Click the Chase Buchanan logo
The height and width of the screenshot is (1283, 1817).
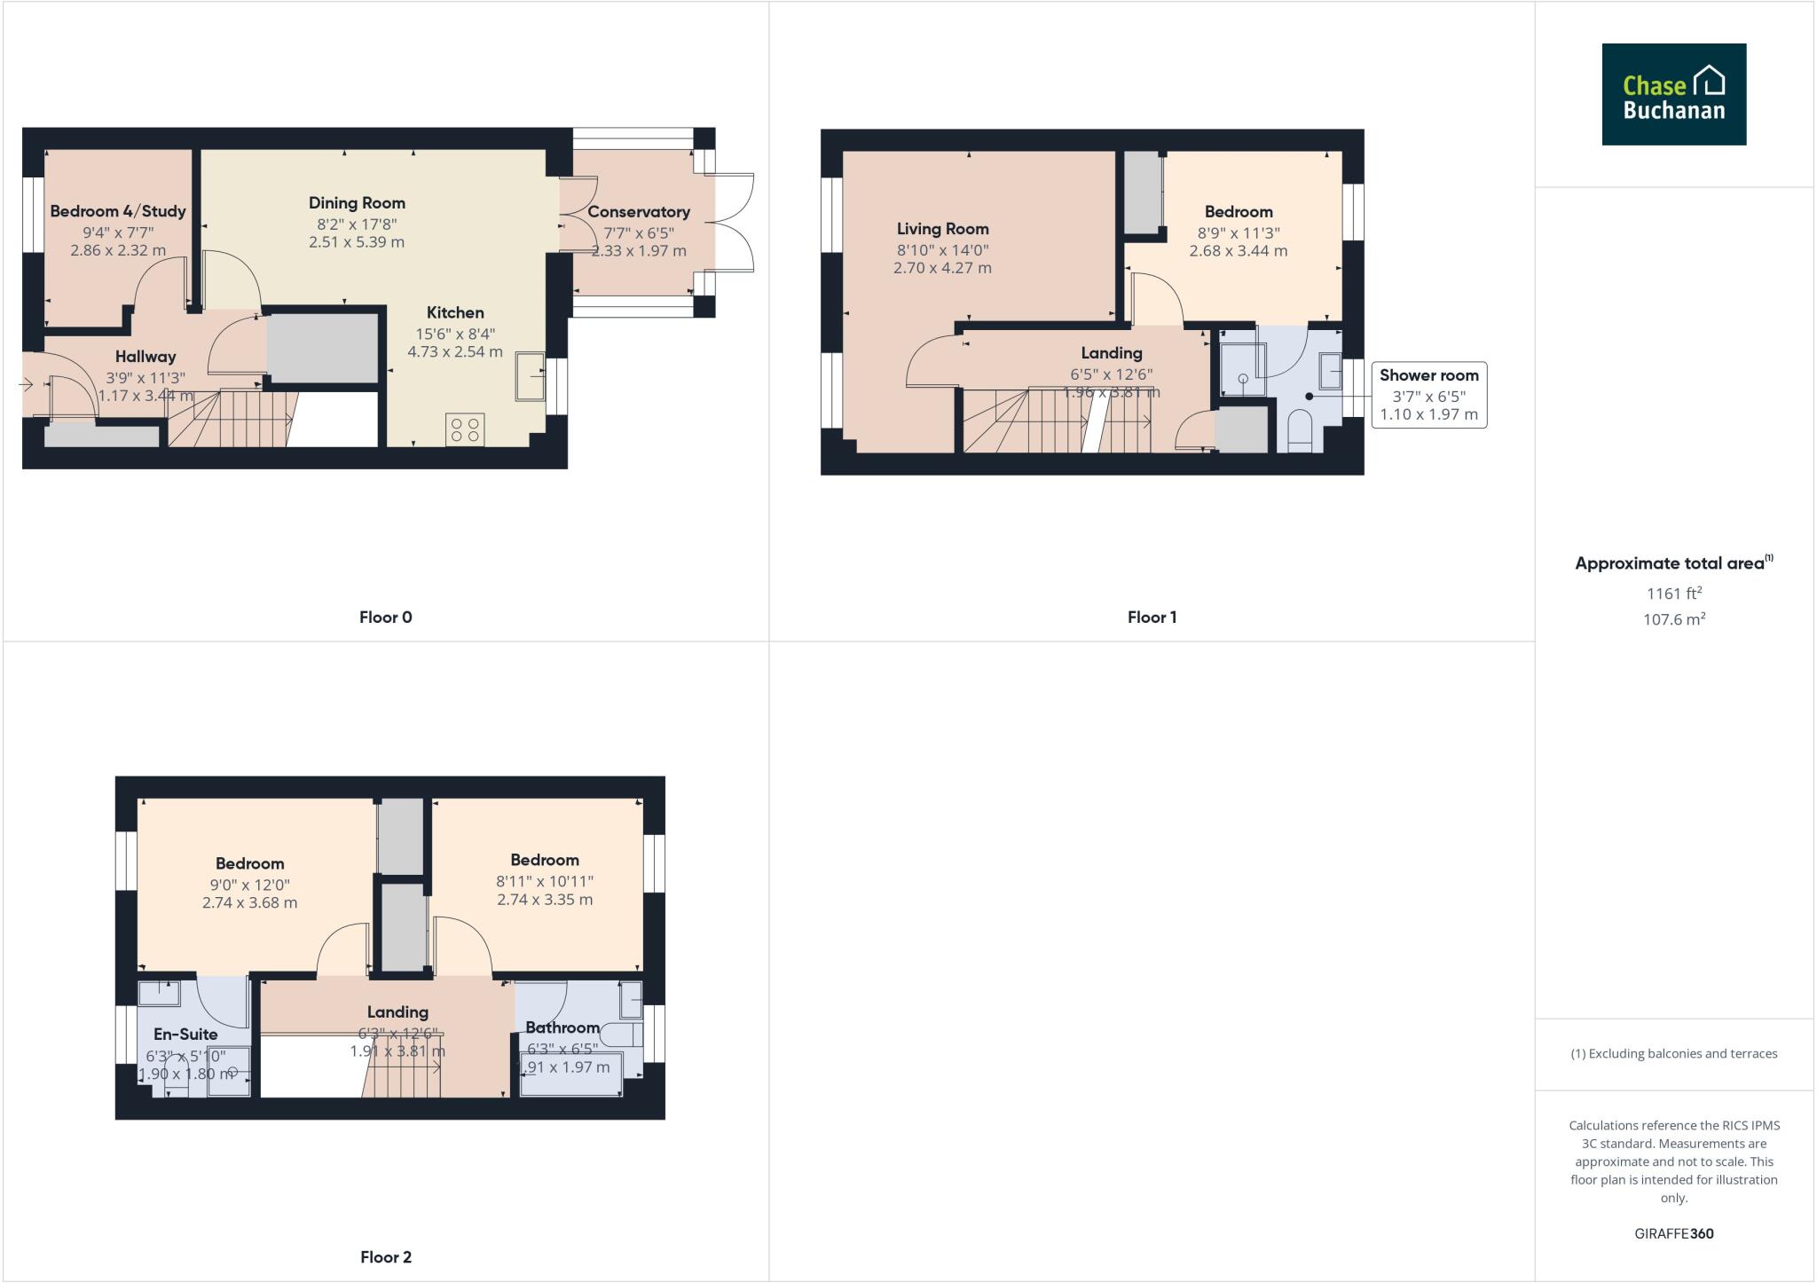[x=1673, y=94]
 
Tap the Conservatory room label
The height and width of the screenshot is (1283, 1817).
[x=638, y=212]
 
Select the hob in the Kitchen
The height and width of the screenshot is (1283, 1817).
[x=465, y=430]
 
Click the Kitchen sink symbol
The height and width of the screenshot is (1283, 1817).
[x=531, y=377]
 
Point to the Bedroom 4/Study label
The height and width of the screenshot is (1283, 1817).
[x=118, y=211]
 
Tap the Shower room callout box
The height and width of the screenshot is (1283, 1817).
[x=1428, y=395]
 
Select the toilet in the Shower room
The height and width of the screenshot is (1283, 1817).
[x=1299, y=431]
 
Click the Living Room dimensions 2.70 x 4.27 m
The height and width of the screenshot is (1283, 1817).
[x=942, y=268]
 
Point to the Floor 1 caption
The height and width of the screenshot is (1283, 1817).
[x=1152, y=618]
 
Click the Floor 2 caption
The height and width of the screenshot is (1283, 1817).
[x=386, y=1256]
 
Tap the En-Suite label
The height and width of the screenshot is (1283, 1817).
[x=185, y=1034]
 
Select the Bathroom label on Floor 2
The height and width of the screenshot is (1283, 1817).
[x=562, y=1027]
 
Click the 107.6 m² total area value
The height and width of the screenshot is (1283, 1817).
[x=1673, y=619]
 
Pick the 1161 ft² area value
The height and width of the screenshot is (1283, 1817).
[x=1673, y=594]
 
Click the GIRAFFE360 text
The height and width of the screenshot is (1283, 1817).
[x=1673, y=1233]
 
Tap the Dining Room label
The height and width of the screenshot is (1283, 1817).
[x=357, y=203]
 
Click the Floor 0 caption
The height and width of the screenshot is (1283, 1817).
[x=385, y=618]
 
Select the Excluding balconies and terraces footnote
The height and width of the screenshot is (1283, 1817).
[x=1673, y=1054]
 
